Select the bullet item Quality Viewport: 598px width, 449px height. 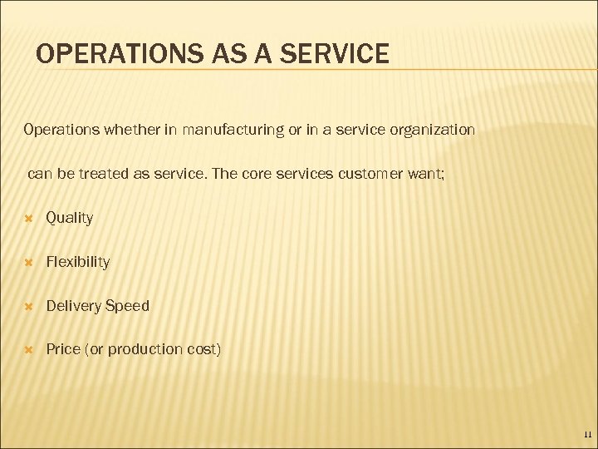coord(70,218)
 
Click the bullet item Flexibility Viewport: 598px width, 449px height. coord(78,262)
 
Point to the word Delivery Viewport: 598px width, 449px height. coord(73,306)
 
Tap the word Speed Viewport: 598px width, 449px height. coord(127,306)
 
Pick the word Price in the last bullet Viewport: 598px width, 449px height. coord(63,349)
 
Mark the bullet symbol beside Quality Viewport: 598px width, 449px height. coord(28,218)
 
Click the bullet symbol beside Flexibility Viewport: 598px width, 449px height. coord(28,262)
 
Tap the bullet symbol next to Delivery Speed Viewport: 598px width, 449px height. coord(28,306)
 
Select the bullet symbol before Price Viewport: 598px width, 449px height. coord(28,349)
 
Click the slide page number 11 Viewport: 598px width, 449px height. coord(586,435)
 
